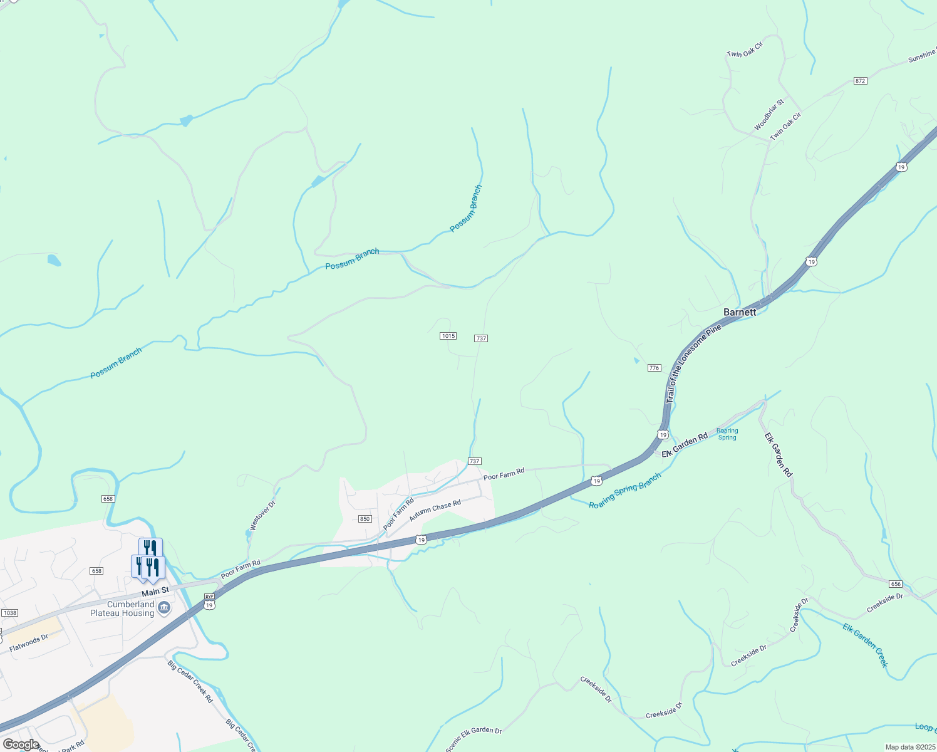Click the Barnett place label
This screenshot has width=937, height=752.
[x=739, y=311]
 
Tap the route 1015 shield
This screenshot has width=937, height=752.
[x=448, y=336]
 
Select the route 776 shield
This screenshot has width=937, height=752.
[x=655, y=368]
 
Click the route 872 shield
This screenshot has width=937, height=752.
[x=860, y=81]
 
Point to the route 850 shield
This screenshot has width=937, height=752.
[x=365, y=519]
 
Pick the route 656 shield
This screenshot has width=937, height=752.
[x=895, y=584]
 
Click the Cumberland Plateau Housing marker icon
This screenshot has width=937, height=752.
[x=164, y=608]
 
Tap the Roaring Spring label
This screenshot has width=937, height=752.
[x=727, y=434]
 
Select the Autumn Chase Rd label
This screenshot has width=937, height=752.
[x=435, y=511]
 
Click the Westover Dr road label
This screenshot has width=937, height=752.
[x=262, y=516]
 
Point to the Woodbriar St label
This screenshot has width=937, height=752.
[x=769, y=115]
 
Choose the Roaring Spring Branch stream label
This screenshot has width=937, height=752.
[x=624, y=491]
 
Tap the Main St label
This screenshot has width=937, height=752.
[x=155, y=591]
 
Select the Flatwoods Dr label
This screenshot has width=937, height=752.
[x=29, y=644]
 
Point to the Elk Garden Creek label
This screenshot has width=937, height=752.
[x=865, y=645]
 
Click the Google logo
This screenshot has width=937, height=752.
[x=21, y=744]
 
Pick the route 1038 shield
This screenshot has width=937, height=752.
[x=9, y=613]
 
